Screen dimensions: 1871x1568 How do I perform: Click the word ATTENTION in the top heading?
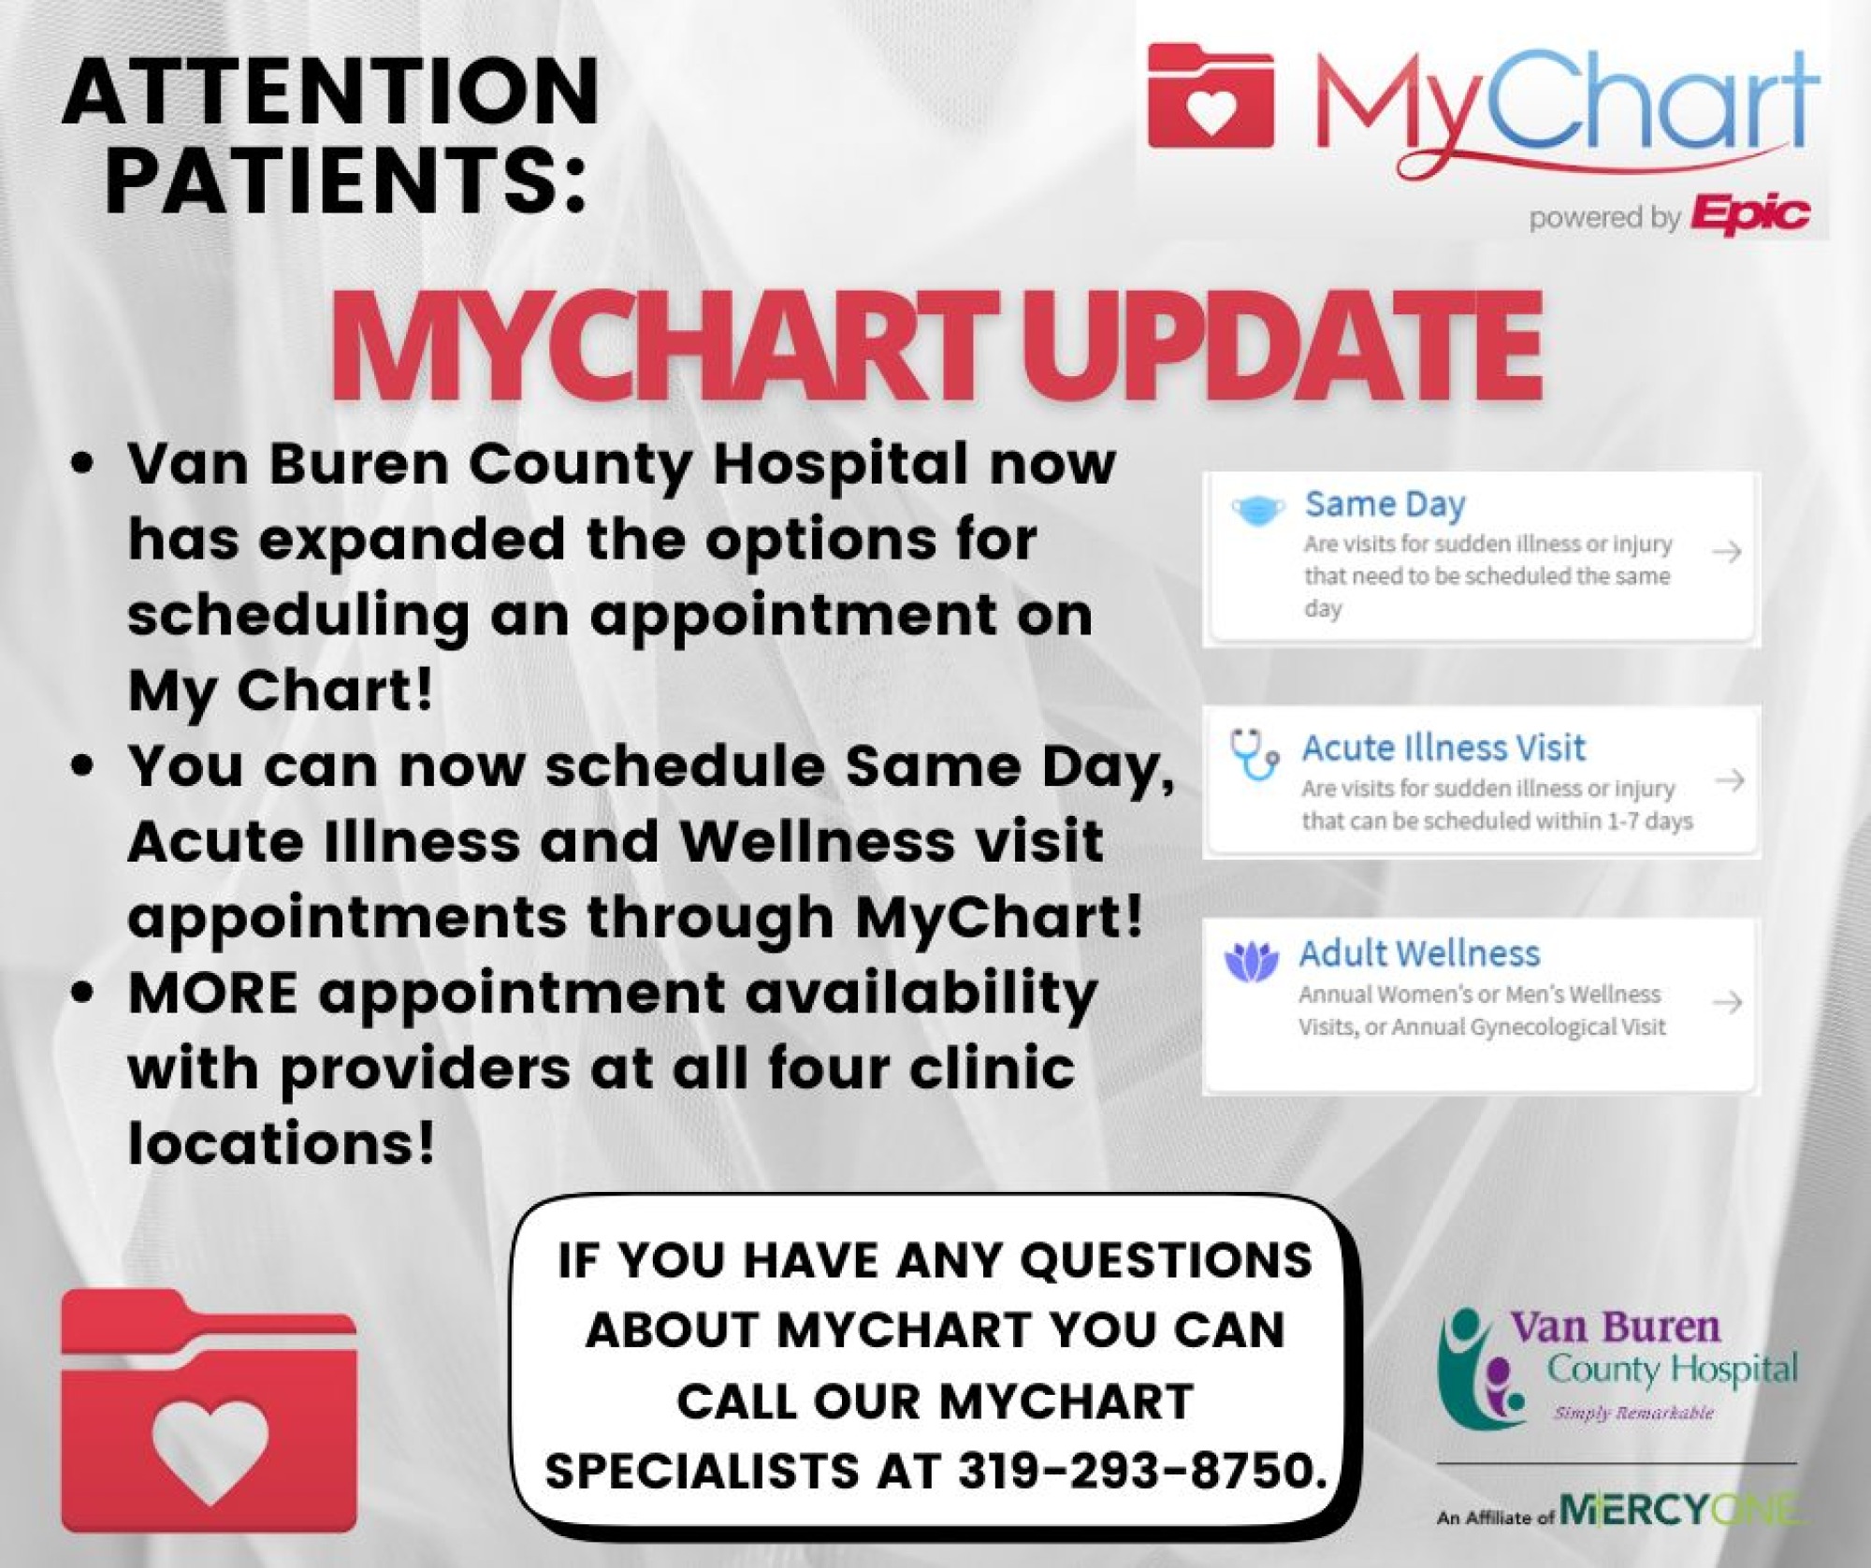pos(330,91)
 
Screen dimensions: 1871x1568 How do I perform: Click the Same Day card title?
pos(1385,504)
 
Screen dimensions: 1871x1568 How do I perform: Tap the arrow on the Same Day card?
pos(1727,552)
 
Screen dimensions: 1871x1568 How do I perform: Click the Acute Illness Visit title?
pos(1443,748)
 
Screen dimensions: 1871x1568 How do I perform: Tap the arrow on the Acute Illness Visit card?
pos(1731,779)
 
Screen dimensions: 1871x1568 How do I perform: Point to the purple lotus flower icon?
pos(1251,962)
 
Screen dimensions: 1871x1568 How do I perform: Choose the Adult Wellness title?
pos(1419,953)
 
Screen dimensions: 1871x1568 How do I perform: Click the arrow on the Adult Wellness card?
pos(1727,1003)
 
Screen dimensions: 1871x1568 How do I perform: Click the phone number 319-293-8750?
pos(1140,1470)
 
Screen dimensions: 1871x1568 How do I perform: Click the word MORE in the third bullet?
pos(213,992)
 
